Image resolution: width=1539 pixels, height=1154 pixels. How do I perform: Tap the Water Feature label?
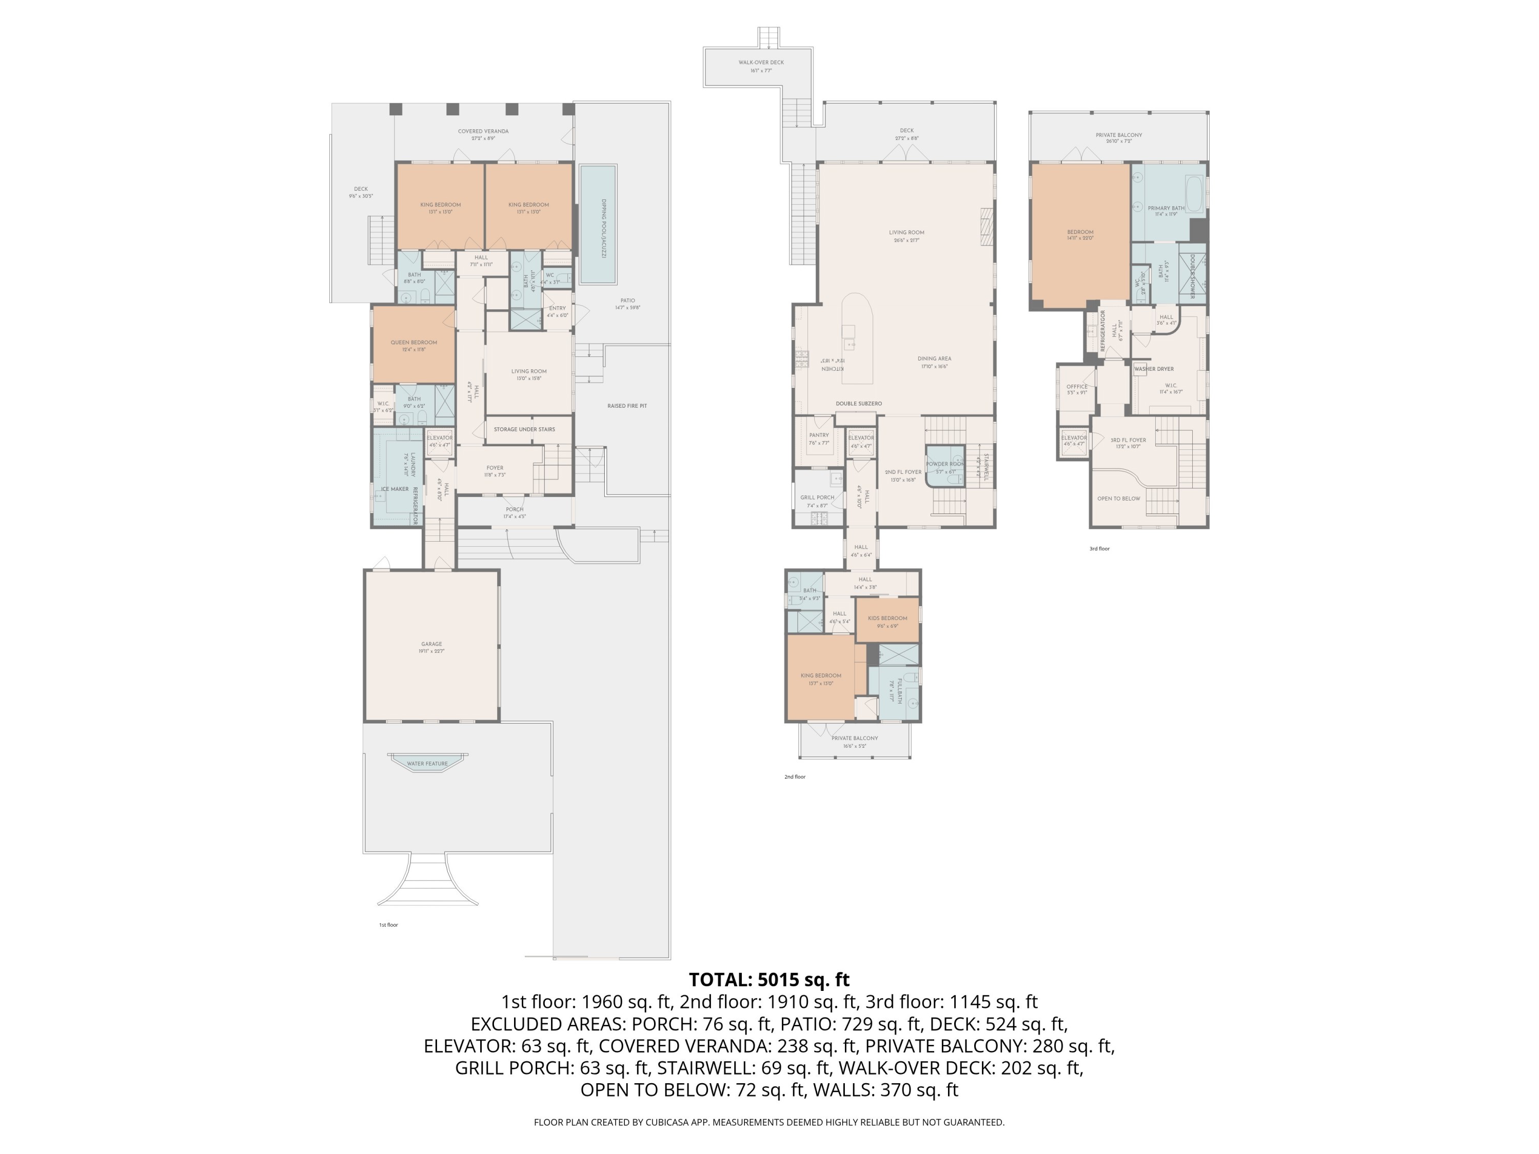point(427,764)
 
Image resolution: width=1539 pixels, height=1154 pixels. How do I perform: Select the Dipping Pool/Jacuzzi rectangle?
point(598,224)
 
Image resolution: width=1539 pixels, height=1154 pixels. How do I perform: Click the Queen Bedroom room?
point(414,346)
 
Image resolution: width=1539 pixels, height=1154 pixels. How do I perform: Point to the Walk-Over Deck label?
point(761,63)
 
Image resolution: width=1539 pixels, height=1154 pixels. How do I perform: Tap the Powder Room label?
point(945,464)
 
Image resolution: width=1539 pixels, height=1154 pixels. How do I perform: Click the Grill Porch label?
point(817,498)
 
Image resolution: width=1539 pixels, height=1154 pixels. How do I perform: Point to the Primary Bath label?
point(1166,208)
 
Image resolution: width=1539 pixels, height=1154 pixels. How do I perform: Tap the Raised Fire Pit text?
point(627,406)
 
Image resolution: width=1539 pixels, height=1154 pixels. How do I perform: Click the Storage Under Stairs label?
point(525,430)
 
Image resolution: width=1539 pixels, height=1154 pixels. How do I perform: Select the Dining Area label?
point(934,359)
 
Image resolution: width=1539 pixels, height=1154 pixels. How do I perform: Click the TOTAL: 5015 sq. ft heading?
point(769,980)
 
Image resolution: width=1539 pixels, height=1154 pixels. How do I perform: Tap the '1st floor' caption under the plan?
point(388,925)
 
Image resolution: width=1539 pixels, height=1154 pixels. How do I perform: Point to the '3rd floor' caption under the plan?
point(1099,549)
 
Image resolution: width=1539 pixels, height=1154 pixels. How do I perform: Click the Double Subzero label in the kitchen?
point(859,404)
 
